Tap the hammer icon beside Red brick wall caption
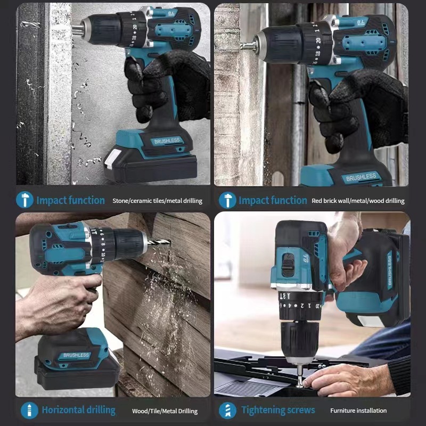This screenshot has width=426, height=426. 227,200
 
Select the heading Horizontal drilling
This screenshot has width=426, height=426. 78,410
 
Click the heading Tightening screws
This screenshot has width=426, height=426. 278,410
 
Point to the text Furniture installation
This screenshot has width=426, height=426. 358,411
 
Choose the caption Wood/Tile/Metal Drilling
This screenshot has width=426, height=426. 165,411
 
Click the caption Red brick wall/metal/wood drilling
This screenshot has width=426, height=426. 358,201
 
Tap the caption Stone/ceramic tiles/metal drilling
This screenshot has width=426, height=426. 157,201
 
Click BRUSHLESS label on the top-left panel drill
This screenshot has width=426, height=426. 167,141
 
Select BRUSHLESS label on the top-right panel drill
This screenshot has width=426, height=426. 361,177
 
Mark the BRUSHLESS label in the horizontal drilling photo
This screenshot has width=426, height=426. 76,355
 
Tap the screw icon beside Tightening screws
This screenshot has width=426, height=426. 227,410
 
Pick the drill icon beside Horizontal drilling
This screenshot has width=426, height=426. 29,410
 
